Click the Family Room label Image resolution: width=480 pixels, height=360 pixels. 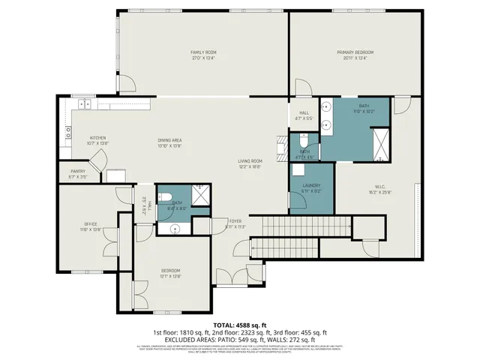(x=203, y=53)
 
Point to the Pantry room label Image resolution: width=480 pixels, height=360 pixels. (x=78, y=173)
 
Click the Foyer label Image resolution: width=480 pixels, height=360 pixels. (x=235, y=223)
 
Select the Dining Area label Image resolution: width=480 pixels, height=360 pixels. (x=170, y=142)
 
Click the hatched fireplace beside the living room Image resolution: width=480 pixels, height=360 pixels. (x=280, y=148)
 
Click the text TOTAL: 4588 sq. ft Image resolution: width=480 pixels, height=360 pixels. (x=240, y=324)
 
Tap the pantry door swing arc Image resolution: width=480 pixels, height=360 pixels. (x=97, y=159)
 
